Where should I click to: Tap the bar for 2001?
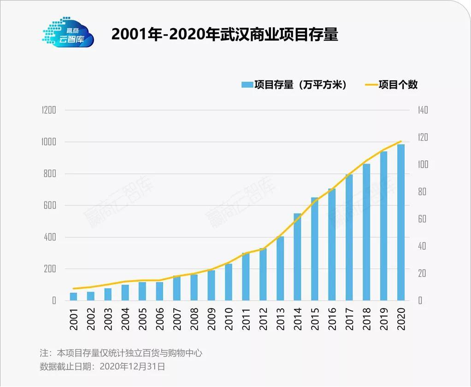pyautogui.click(x=74, y=296)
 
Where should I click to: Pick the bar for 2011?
pyautogui.click(x=246, y=276)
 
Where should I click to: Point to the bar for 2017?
pyautogui.click(x=349, y=237)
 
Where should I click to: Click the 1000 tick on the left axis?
pyautogui.click(x=48, y=142)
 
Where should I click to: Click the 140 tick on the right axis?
pyautogui.click(x=423, y=110)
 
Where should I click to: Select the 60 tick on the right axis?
pyautogui.click(x=422, y=219)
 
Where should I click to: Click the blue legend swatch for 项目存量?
pyautogui.click(x=247, y=85)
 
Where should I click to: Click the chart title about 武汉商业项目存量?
pyautogui.click(x=225, y=35)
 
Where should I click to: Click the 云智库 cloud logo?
pyautogui.click(x=68, y=33)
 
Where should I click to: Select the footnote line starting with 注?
pyautogui.click(x=121, y=353)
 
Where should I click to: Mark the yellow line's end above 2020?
pyautogui.click(x=401, y=141)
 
